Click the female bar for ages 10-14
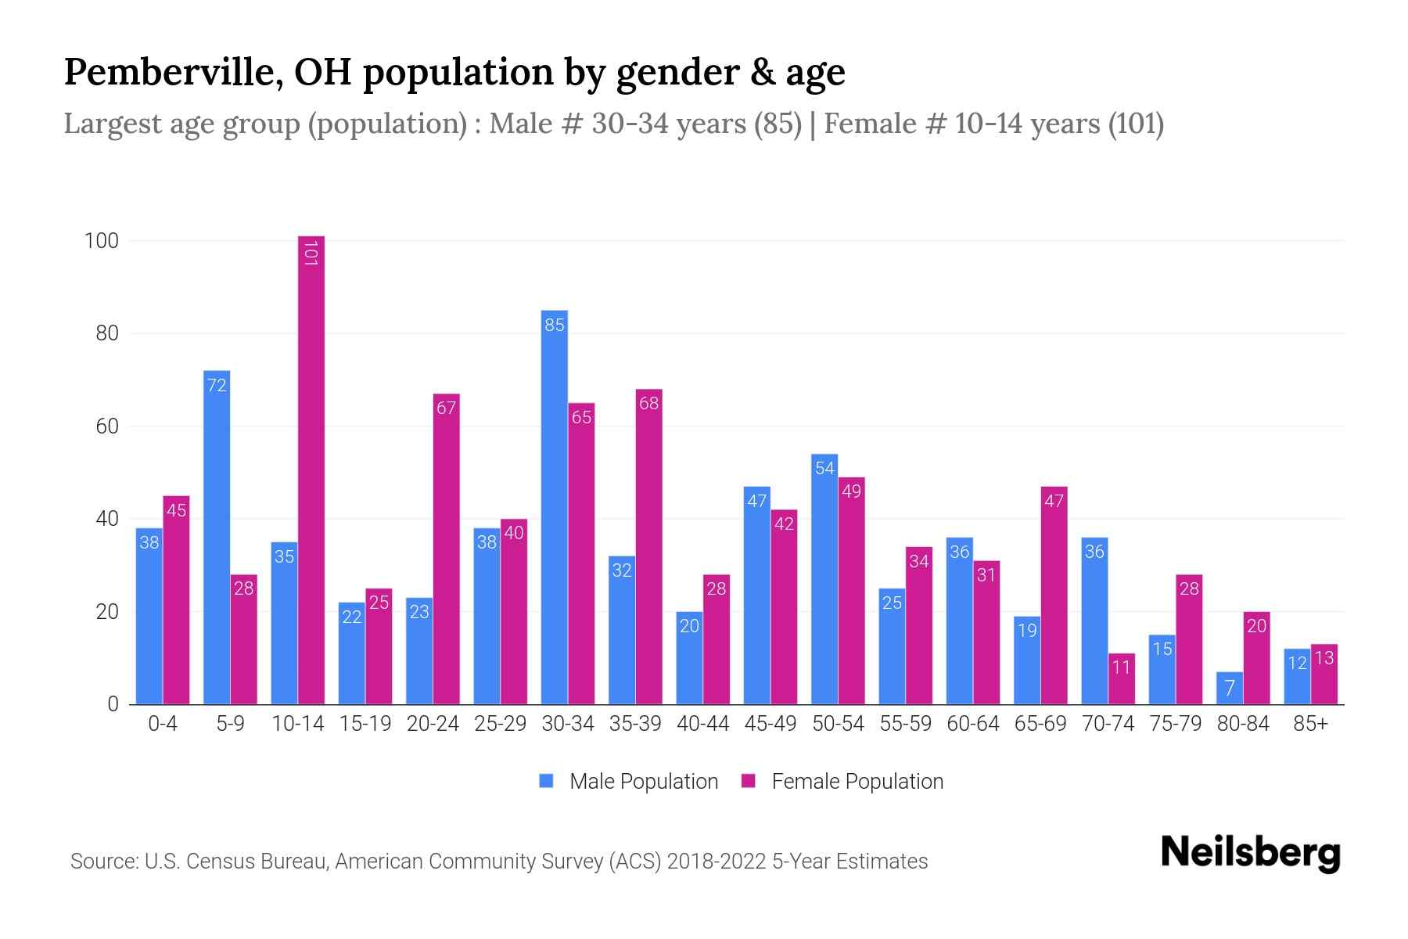(311, 469)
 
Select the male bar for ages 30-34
(555, 509)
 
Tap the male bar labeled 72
(217, 540)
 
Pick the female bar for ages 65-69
(1054, 595)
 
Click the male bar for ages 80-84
(1230, 689)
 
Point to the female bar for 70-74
(1121, 679)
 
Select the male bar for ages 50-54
(824, 579)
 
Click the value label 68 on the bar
(648, 404)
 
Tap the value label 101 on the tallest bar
(311, 254)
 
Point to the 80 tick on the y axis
(107, 334)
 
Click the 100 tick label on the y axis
(102, 241)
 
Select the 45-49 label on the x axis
(770, 724)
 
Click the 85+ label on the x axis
(1310, 724)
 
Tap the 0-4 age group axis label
(163, 724)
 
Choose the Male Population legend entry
(643, 782)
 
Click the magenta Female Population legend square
(749, 781)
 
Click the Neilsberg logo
(1250, 853)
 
